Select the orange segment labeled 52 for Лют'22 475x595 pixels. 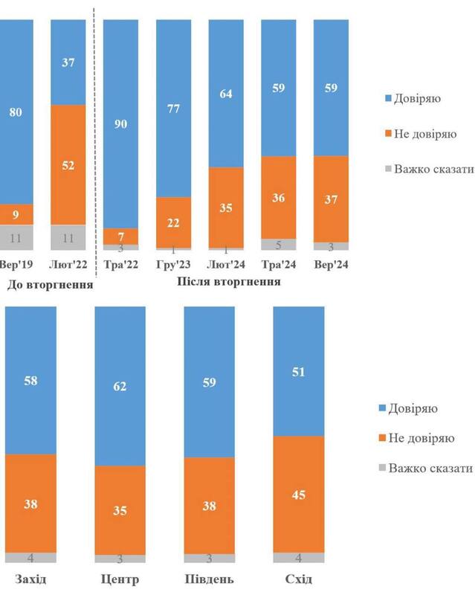(68, 164)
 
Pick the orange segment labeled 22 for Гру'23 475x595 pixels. (174, 222)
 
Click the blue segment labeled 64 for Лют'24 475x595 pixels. (226, 93)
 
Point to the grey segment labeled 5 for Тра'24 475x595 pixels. (279, 244)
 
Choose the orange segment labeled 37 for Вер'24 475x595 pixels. (331, 199)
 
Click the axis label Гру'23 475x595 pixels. (174, 264)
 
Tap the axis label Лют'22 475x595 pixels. (68, 264)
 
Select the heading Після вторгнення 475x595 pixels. (229, 282)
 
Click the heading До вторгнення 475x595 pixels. (49, 284)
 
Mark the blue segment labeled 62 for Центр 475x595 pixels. (120, 386)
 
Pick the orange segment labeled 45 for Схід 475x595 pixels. (298, 494)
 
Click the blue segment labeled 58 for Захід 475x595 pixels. (30, 380)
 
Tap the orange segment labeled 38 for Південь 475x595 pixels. (209, 505)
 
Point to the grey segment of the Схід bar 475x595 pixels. (298, 557)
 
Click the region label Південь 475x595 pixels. (209, 579)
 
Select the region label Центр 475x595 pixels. (120, 579)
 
